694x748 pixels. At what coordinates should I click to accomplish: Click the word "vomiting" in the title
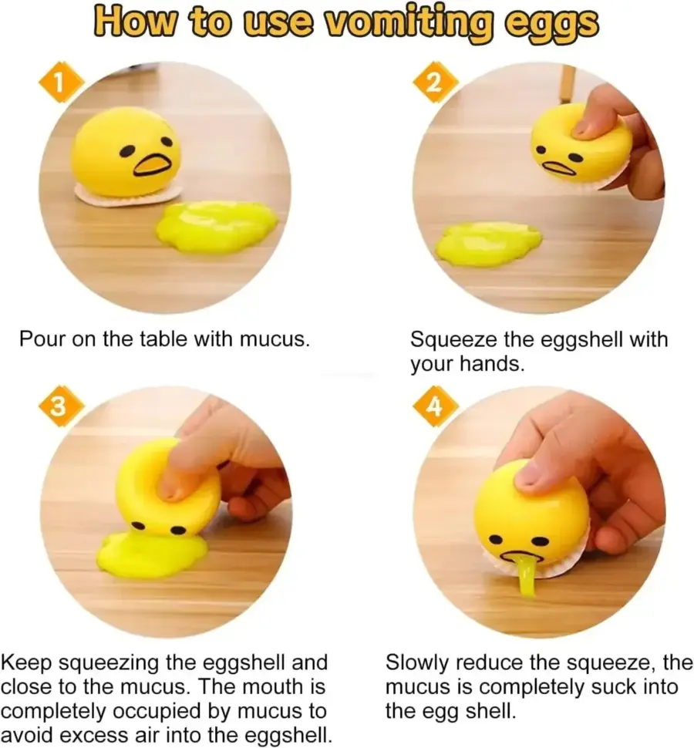click(408, 23)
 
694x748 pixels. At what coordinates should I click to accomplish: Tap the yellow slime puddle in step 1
click(217, 227)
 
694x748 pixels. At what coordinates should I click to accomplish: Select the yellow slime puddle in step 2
click(490, 243)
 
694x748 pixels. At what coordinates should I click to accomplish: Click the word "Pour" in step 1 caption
click(42, 339)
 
